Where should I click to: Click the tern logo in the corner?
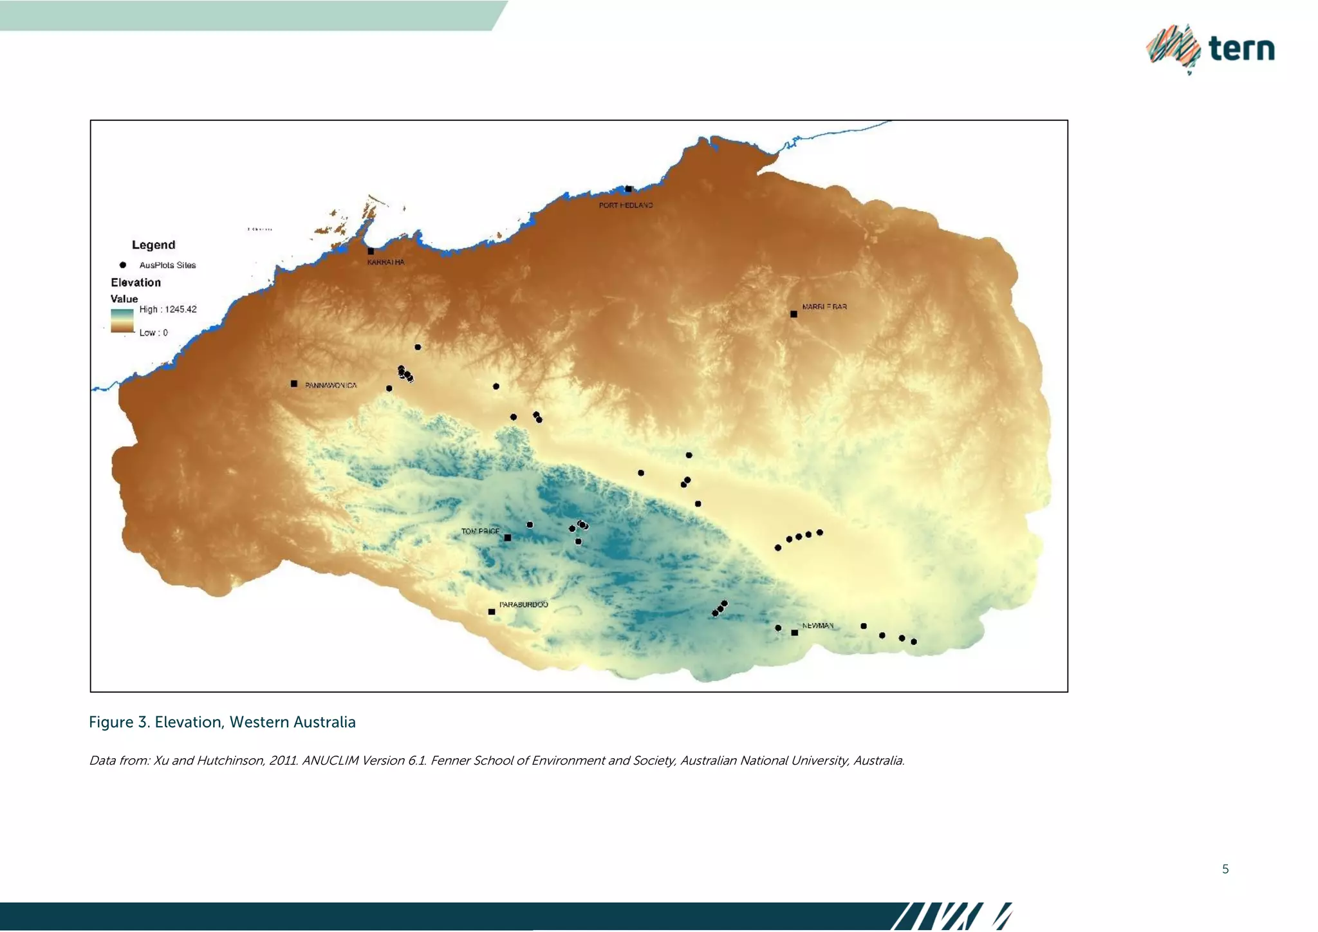1210,49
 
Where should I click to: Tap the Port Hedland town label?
626,205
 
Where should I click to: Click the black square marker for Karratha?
371,252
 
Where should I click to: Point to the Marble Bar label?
824,307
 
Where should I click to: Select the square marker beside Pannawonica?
294,384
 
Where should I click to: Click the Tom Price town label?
480,532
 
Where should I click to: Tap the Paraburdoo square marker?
492,612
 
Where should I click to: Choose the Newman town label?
817,626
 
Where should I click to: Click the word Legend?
153,245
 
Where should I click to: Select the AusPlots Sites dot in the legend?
123,265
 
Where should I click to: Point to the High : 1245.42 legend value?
168,310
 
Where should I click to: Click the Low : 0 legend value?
153,333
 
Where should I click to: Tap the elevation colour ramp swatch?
122,321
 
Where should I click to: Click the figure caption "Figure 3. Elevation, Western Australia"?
222,722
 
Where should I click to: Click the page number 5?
1225,870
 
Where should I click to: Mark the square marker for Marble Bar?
794,315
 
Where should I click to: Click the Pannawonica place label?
331,386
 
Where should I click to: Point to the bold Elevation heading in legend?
136,283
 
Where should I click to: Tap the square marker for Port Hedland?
629,189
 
